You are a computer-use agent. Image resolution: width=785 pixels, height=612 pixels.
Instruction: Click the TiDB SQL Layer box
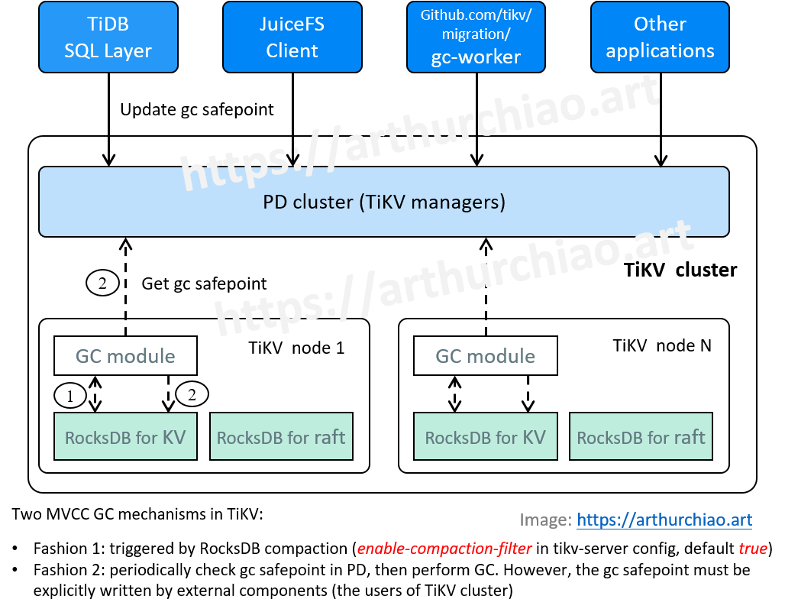(x=108, y=37)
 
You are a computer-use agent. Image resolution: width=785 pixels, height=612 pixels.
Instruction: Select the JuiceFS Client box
(x=292, y=37)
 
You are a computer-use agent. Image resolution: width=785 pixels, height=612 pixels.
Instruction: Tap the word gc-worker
(x=476, y=57)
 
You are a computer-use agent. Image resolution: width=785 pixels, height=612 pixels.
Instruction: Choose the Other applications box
(x=660, y=37)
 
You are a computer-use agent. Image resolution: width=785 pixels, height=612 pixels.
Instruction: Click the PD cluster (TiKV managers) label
(x=383, y=202)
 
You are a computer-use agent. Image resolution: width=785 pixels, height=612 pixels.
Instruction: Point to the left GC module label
(x=125, y=356)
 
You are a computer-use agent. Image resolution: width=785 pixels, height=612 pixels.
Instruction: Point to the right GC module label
(x=485, y=356)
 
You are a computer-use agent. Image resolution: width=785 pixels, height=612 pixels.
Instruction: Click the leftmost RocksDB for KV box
(x=125, y=437)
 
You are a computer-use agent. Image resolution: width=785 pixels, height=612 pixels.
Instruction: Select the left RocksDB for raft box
(x=281, y=437)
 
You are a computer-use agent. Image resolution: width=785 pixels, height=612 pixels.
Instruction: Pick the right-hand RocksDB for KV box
(x=485, y=437)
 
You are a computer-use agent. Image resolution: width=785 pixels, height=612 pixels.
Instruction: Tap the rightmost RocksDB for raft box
(x=641, y=437)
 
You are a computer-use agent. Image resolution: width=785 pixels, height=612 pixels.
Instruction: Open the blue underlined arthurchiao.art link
(x=664, y=520)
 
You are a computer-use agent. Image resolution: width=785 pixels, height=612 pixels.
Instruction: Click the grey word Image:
(x=545, y=520)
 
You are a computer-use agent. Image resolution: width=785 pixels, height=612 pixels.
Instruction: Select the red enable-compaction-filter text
(x=444, y=549)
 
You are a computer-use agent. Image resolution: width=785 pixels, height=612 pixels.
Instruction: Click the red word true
(x=752, y=549)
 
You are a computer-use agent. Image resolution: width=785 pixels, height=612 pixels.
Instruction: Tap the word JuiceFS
(x=292, y=24)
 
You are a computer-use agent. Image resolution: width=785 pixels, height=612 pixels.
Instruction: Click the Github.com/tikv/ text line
(x=476, y=15)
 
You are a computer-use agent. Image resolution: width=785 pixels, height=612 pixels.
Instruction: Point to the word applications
(x=660, y=51)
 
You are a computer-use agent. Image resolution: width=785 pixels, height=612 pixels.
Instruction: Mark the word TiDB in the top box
(x=108, y=24)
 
